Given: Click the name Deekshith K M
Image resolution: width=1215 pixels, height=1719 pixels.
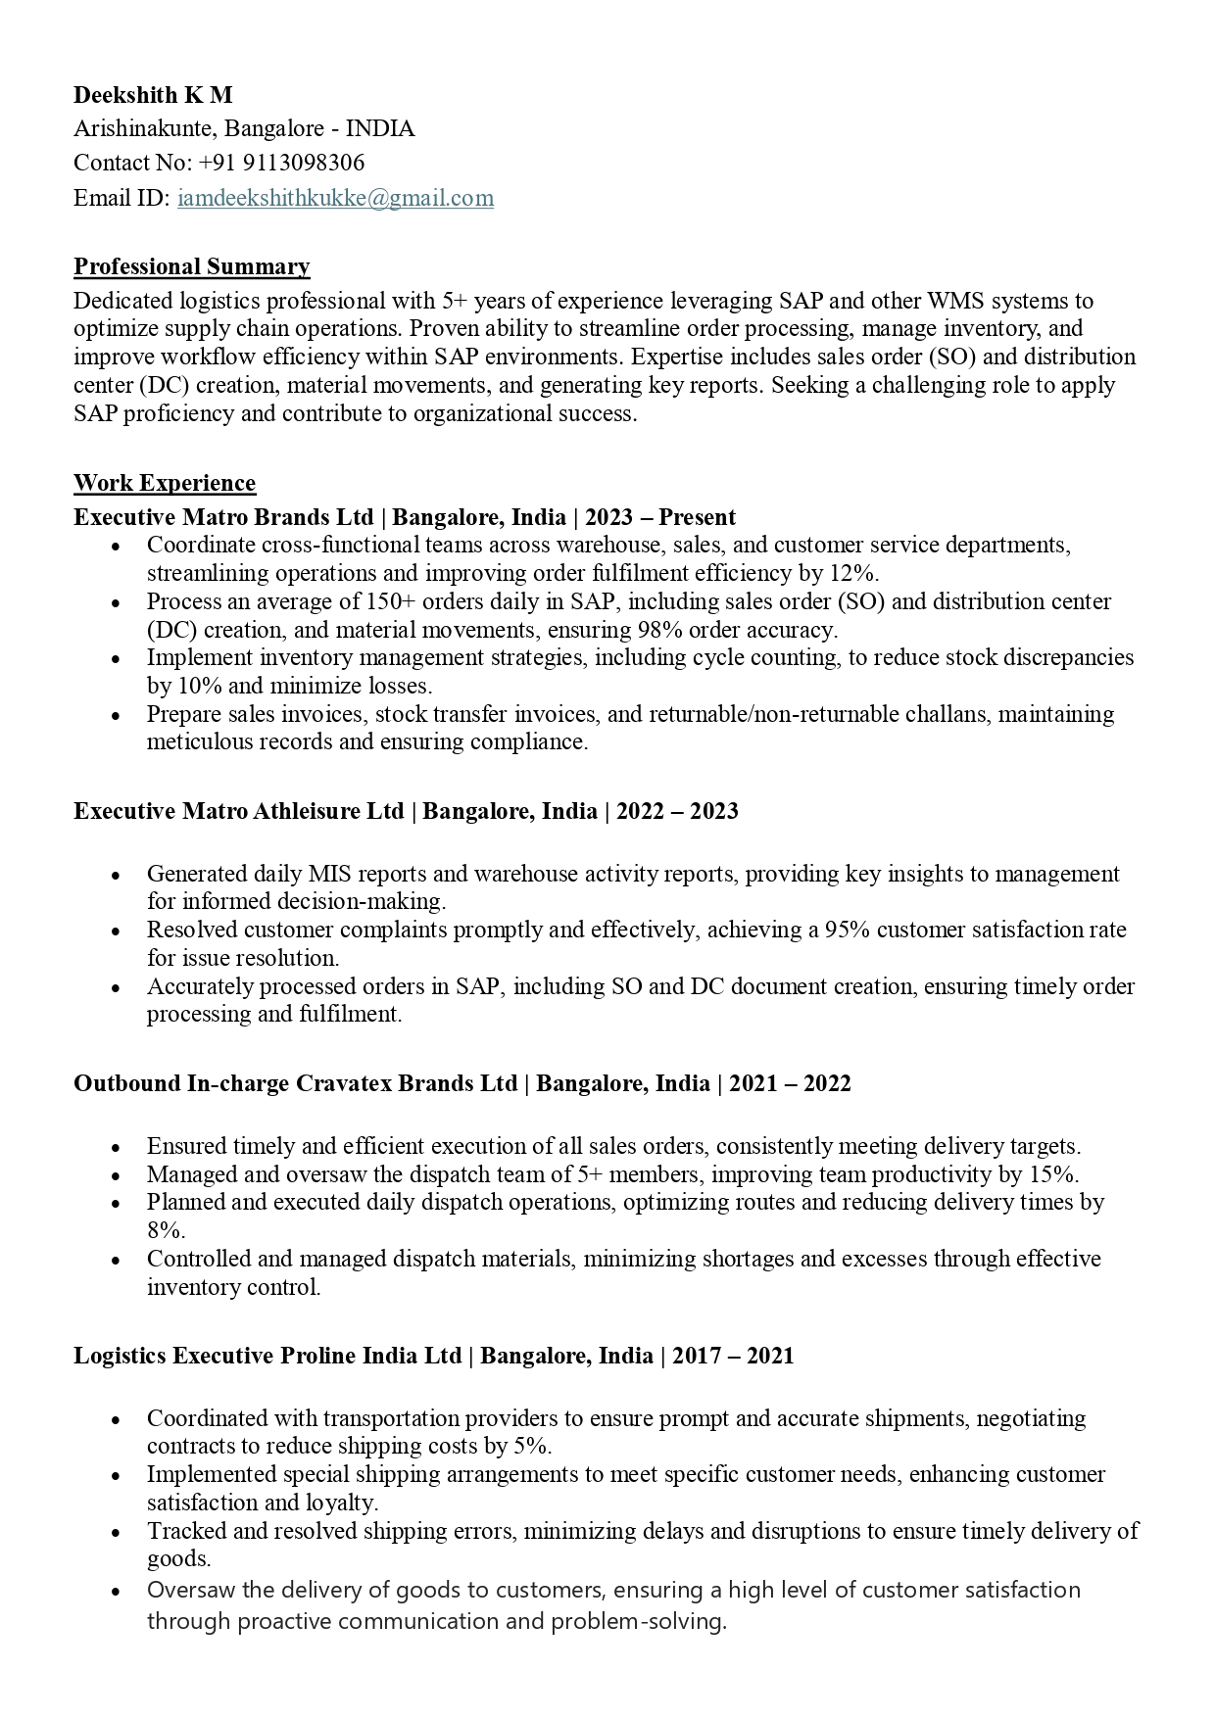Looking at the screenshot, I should point(153,95).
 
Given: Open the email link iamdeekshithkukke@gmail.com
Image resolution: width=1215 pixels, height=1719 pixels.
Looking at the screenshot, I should point(335,198).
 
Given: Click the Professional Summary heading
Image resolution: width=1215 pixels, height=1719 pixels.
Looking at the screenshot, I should point(192,266).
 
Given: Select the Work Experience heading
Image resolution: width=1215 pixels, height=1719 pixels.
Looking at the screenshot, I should point(165,483).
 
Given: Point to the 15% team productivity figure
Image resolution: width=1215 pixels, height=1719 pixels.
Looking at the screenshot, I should point(1053,1174).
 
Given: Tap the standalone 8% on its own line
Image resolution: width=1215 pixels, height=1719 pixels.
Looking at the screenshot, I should point(166,1231).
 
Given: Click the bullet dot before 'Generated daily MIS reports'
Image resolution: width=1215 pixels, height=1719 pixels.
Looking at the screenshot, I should point(116,875).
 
